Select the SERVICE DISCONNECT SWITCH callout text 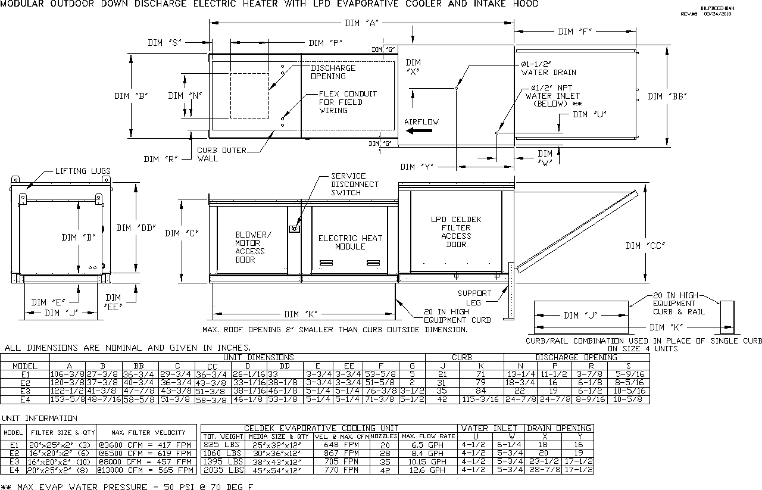354,185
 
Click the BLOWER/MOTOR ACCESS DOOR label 253,246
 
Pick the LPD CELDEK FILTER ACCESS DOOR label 456,232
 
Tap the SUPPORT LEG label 474,297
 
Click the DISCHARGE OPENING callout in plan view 333,72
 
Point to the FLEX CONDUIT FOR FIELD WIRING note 348,102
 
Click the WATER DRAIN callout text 548,73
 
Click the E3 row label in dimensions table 25,391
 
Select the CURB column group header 462,358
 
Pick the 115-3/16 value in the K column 481,400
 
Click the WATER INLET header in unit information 491,428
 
